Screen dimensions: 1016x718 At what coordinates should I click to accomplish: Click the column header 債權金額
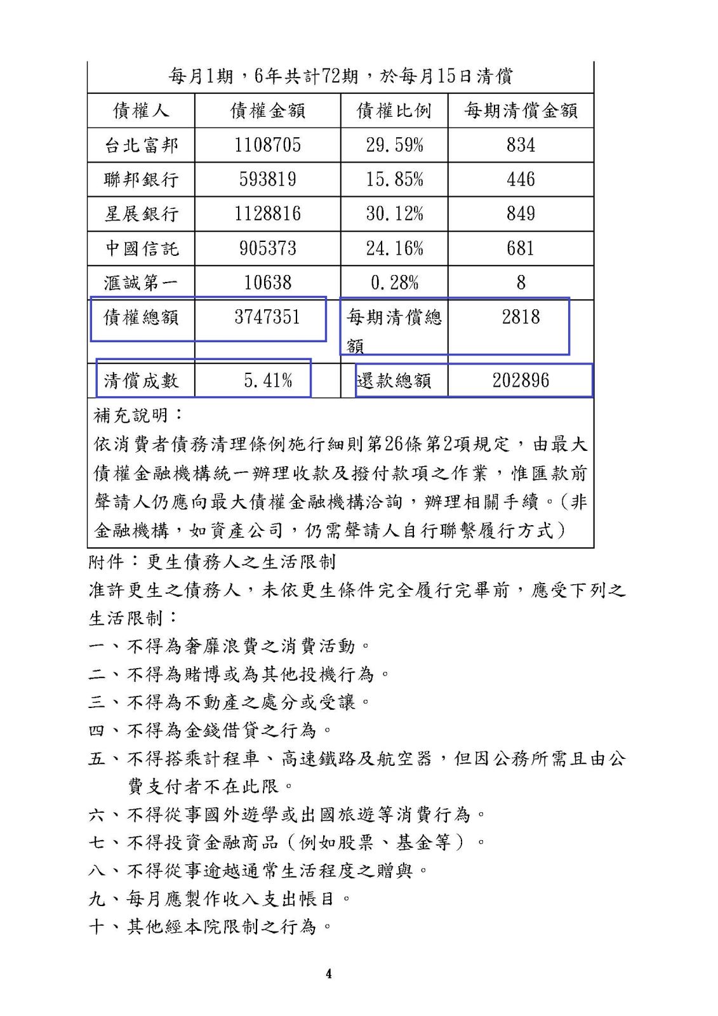point(267,110)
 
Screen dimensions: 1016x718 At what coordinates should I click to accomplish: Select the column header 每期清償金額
point(521,110)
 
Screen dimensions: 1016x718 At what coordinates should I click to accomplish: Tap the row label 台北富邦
point(141,145)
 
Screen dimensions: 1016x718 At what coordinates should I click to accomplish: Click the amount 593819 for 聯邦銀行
point(267,180)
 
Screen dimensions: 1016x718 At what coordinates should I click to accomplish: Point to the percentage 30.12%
point(394,214)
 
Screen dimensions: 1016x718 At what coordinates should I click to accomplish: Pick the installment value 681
point(521,248)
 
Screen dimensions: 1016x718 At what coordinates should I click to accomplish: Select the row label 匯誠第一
point(141,283)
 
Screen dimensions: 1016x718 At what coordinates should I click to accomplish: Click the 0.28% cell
point(394,283)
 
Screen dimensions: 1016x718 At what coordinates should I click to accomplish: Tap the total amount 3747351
point(267,317)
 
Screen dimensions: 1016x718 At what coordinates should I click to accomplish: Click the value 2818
point(521,317)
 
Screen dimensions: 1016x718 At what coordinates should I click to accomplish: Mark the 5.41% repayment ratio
point(268,381)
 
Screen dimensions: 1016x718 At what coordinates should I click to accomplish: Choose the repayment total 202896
point(521,381)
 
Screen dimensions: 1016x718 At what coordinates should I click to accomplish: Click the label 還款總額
point(394,381)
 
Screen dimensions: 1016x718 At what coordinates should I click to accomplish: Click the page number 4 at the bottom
point(328,974)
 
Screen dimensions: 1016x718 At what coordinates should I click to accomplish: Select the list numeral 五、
point(105,758)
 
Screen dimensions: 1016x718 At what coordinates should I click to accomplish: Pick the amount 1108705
point(267,145)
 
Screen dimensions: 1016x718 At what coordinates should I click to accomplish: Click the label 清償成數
point(141,381)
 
